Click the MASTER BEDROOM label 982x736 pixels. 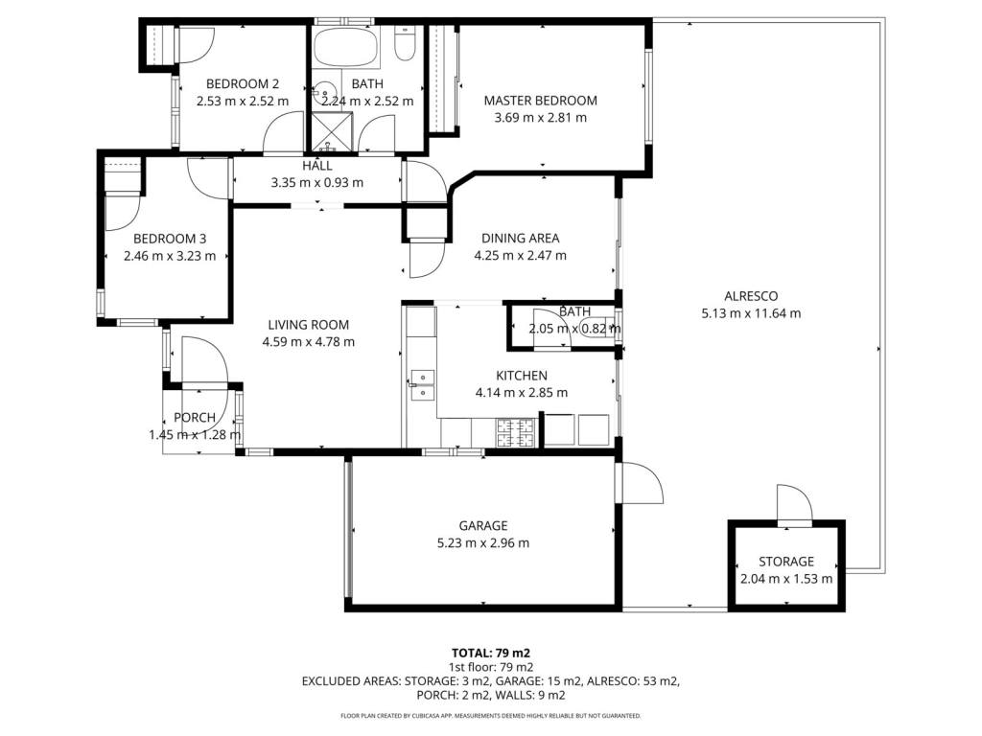(541, 100)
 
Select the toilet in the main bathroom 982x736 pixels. (405, 43)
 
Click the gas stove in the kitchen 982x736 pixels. (516, 432)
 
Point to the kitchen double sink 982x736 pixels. (422, 385)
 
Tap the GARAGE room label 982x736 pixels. (483, 526)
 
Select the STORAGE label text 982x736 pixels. (786, 562)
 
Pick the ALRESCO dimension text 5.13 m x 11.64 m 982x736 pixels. (751, 313)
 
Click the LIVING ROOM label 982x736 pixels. (308, 325)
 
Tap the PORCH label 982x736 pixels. (195, 418)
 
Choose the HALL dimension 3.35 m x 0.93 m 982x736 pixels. (316, 183)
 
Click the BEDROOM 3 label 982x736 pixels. (170, 239)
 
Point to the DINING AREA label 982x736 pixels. (521, 238)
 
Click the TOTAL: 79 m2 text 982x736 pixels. (491, 654)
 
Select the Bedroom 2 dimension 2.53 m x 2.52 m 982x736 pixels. (243, 101)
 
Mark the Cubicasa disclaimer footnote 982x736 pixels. (491, 715)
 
